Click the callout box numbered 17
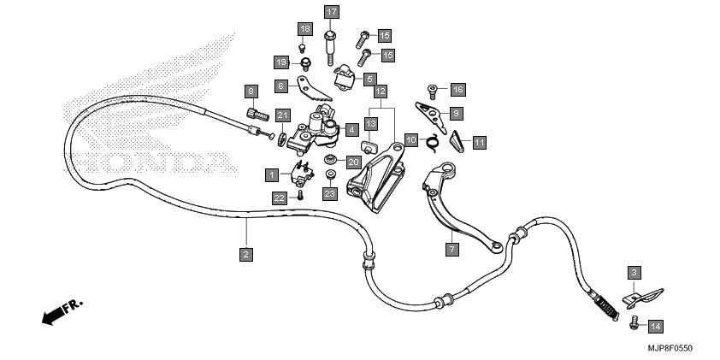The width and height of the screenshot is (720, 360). click(331, 12)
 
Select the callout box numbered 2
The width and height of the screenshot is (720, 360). click(246, 254)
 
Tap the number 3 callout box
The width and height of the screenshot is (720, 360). click(634, 274)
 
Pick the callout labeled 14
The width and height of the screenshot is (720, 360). click(656, 327)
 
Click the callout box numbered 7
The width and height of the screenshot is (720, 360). click(451, 250)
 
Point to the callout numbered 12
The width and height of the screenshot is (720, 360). click(381, 91)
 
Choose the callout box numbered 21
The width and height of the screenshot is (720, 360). click(283, 115)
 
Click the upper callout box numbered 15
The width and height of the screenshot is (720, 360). click(384, 35)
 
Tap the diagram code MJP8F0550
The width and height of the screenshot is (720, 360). click(670, 349)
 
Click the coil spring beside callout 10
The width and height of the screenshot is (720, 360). click(433, 142)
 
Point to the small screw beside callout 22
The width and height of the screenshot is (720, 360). click(300, 195)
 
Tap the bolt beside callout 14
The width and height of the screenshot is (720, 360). click(634, 323)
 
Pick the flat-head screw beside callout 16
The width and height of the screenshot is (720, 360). click(432, 91)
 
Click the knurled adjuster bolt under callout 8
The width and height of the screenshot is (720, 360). click(257, 115)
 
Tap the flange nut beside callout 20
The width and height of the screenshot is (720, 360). click(329, 160)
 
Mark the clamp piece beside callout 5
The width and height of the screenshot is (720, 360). click(345, 78)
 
